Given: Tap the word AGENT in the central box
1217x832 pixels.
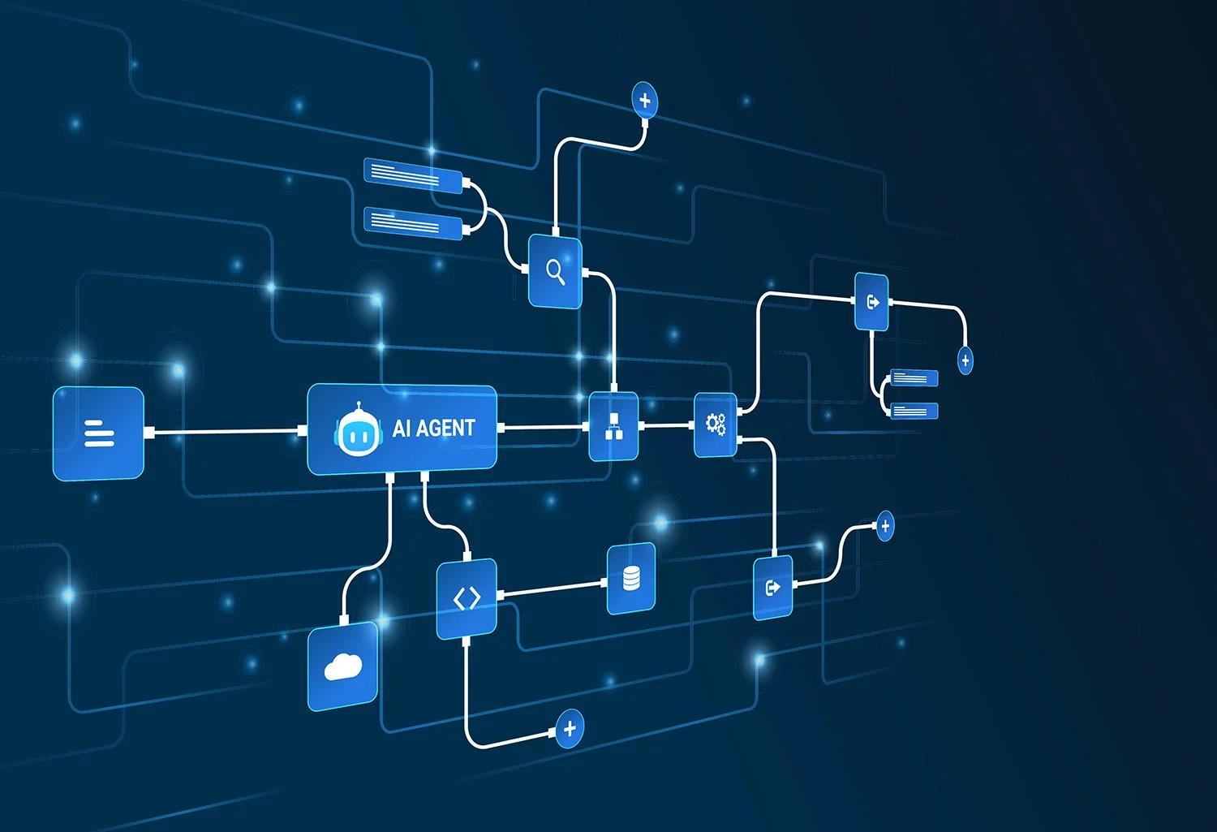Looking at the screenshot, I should click(445, 428).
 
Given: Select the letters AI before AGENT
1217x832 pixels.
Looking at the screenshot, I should click(402, 428).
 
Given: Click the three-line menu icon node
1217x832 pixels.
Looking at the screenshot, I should click(99, 433).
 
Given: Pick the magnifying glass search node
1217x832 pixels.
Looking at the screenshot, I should click(555, 271).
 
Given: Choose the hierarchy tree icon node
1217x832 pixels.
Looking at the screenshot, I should click(613, 426).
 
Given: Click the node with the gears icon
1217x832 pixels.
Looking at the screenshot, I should click(716, 424).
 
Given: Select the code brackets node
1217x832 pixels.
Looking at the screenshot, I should click(467, 599).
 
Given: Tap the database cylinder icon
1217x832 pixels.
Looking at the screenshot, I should click(631, 578).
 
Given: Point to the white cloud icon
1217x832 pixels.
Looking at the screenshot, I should click(342, 666).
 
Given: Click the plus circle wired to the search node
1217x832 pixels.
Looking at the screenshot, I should click(645, 101).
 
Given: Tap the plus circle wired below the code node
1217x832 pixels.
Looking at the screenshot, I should click(570, 728).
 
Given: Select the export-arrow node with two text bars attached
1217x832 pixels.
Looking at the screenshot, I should click(872, 302).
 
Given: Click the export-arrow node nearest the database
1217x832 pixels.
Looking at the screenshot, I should click(772, 587).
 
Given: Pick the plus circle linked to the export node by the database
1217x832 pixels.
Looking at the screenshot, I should click(885, 526).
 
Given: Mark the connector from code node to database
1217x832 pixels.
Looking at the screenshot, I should click(552, 588).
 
